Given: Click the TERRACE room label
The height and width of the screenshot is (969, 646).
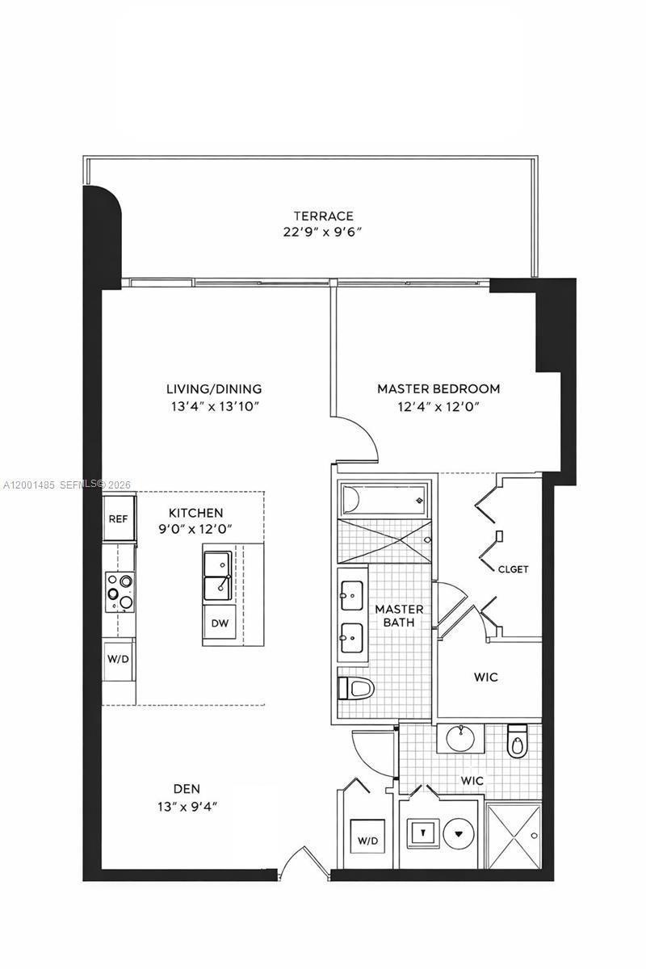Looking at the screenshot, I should [x=323, y=216].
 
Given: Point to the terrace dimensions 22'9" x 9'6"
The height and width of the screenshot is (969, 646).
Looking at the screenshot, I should [x=323, y=232].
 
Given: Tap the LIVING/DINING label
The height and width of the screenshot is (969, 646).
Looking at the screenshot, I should [x=214, y=388].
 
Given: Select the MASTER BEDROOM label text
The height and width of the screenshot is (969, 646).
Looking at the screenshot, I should [x=438, y=388].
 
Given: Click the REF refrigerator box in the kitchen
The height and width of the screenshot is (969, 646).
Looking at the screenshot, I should [x=118, y=518].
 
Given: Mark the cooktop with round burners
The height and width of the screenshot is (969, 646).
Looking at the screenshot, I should [x=120, y=590].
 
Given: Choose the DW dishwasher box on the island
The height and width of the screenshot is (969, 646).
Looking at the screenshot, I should [x=219, y=623].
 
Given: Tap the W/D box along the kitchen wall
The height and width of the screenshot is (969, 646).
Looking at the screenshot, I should [x=117, y=657].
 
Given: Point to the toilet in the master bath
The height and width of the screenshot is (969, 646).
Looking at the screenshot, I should [x=357, y=688].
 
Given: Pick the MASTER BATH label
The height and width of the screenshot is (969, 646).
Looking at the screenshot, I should [x=399, y=616].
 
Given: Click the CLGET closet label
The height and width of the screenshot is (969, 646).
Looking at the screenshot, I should [x=513, y=569].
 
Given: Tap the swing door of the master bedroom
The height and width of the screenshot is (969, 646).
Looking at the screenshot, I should [x=355, y=440].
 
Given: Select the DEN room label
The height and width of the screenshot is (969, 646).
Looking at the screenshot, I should [x=187, y=788].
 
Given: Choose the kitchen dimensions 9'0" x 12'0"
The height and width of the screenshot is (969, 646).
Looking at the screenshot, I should [x=195, y=529].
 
